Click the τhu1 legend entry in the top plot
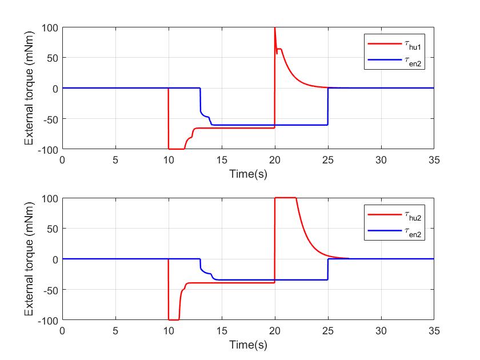pyautogui.click(x=395, y=42)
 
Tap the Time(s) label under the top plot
pyautogui.click(x=248, y=173)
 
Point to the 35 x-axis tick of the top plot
pyautogui.click(x=434, y=161)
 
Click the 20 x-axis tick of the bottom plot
pyautogui.click(x=275, y=331)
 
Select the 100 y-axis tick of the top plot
pyautogui.click(x=51, y=27)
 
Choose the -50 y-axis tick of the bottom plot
pyautogui.click(x=51, y=289)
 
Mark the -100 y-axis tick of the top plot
pyautogui.click(x=49, y=149)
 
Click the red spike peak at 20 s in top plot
pyautogui.click(x=275, y=29)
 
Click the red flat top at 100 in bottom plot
pyautogui.click(x=286, y=198)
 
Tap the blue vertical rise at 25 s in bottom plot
pyautogui.click(x=328, y=270)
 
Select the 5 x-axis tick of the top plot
pyautogui.click(x=115, y=161)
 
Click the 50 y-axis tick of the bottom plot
pyautogui.click(x=53, y=229)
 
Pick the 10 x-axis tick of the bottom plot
pyautogui.click(x=169, y=331)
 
